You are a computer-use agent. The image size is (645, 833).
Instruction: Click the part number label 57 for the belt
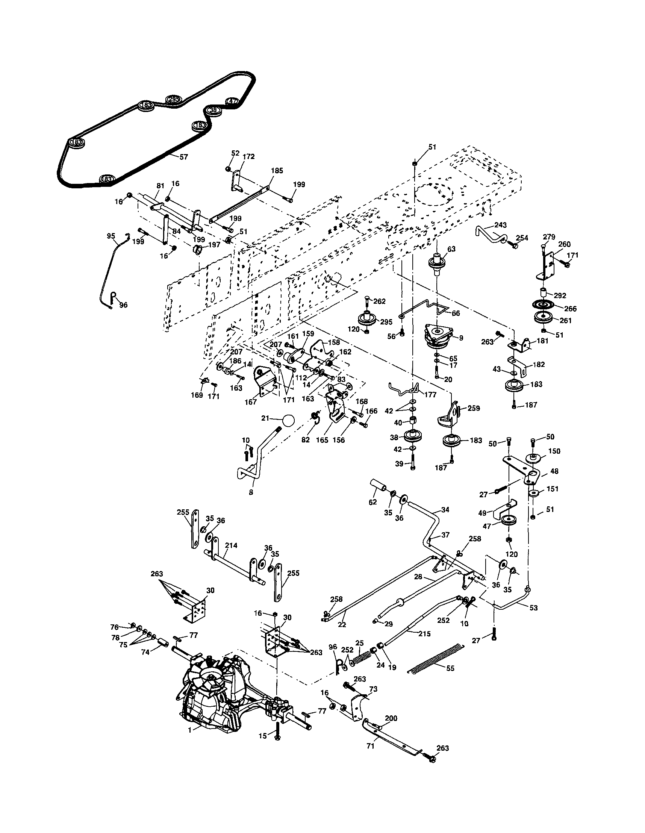pyautogui.click(x=184, y=157)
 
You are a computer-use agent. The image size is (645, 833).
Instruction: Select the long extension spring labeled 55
pyautogui.click(x=435, y=658)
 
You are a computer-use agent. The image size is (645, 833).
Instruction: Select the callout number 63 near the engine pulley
pyautogui.click(x=451, y=249)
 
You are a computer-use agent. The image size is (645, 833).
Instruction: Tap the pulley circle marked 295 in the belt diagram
pyautogui.click(x=173, y=99)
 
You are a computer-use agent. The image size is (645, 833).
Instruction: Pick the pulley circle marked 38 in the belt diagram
pyautogui.click(x=213, y=110)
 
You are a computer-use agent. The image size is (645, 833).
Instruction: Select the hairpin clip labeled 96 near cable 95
pyautogui.click(x=113, y=295)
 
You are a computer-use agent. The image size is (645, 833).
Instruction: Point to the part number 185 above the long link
pyautogui.click(x=277, y=171)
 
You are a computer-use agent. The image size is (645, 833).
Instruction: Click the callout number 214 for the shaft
pyautogui.click(x=231, y=546)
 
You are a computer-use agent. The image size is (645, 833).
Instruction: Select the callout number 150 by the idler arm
pyautogui.click(x=554, y=451)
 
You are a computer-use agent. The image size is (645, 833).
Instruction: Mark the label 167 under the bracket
pyautogui.click(x=251, y=402)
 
